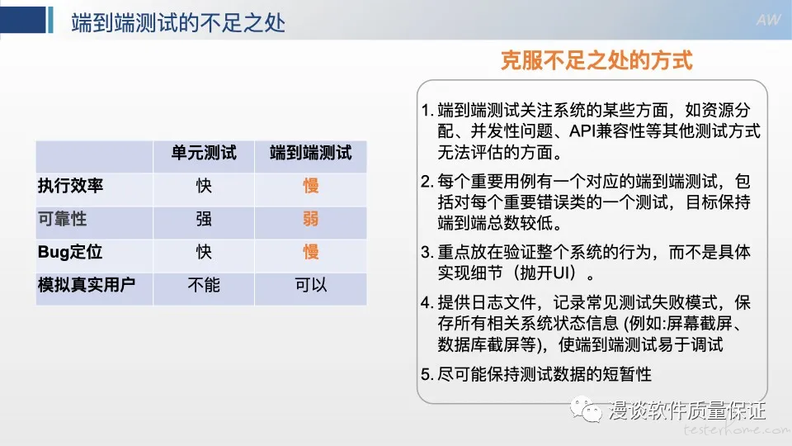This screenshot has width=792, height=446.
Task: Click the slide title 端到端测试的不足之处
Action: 178,23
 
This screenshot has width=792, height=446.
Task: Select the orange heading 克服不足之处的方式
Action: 596,60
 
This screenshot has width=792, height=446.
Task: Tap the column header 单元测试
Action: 204,153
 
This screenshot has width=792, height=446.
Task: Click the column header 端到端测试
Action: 311,153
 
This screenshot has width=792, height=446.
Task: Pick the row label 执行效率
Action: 70,186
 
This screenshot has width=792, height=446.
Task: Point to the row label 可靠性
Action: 62,219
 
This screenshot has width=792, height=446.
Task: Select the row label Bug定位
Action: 69,252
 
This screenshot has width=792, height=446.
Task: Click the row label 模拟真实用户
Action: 87,285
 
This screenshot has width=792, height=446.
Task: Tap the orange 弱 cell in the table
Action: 311,219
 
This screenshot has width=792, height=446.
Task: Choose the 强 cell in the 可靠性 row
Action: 204,219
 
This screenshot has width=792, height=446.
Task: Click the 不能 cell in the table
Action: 204,285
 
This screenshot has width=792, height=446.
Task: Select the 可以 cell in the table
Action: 311,285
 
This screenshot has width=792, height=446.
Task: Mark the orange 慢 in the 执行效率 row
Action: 311,186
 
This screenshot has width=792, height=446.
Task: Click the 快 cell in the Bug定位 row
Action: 204,252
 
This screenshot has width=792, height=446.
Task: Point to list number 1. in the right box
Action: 427,110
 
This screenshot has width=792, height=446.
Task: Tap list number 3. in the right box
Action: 427,253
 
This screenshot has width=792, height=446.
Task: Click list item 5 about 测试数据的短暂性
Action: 536,374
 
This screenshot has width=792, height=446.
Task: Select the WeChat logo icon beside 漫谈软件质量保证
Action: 586,409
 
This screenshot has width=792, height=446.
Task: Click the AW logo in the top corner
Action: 768,20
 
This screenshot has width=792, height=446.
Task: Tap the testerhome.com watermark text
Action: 737,429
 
